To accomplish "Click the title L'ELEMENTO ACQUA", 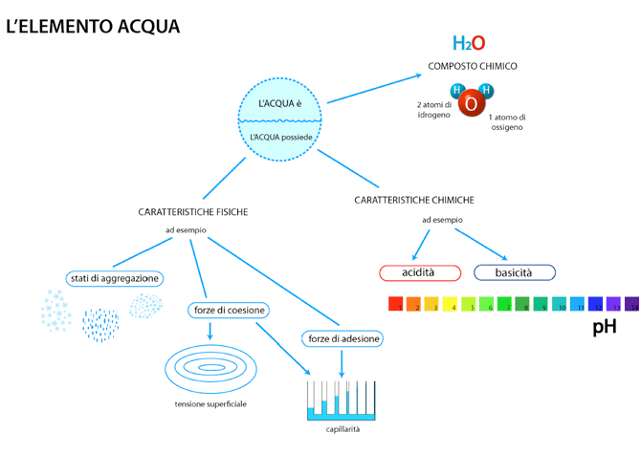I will point(93,26).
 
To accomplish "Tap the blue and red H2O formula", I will point(469,43).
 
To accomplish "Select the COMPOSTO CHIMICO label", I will point(473,67).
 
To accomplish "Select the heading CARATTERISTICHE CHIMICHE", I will point(413,200).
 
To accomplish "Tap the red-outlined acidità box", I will point(417,272).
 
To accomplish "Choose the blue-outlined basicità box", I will point(514,272).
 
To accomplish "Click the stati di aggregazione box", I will point(114,278).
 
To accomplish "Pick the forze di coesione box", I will point(228,310).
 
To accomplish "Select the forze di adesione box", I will point(342,338).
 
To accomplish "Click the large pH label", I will point(605,328).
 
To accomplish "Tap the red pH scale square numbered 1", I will point(394,305).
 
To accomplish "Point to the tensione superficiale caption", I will point(210,404).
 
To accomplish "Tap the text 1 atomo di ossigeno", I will point(507,121).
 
